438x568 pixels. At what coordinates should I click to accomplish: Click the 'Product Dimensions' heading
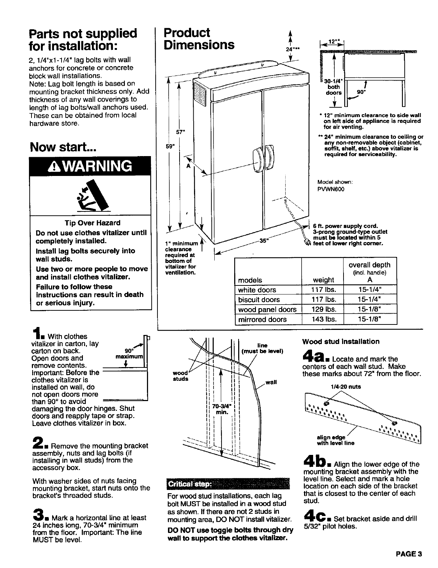coord(199,39)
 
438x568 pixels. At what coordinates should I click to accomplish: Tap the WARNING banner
coord(90,166)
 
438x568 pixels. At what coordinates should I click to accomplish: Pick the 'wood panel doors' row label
coord(267,310)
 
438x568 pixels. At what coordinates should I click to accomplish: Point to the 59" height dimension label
coord(168,146)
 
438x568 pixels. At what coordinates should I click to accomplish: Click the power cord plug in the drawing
coord(308,243)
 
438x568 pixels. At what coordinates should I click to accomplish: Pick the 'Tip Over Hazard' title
coord(90,223)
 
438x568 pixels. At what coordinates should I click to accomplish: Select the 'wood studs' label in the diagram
coord(181,376)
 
